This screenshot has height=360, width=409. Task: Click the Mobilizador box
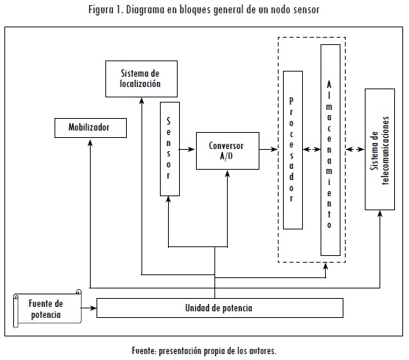point(91,128)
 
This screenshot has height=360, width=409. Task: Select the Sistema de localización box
point(141,79)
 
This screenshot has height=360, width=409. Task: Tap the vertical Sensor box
point(169,149)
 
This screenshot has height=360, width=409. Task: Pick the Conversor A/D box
point(228,151)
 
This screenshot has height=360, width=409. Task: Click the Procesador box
point(293,150)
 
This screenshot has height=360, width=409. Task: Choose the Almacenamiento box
point(330,150)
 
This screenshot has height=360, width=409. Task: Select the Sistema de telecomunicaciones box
point(380,149)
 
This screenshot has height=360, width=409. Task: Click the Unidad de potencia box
point(220,308)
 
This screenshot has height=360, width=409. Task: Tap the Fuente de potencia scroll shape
point(47,308)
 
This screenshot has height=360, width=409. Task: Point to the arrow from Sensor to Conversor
point(186,149)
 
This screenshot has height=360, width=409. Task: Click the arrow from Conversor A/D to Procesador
point(268,149)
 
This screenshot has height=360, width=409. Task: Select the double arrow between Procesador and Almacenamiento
point(312,149)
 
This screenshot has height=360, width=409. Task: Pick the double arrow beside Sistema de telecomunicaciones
point(355,149)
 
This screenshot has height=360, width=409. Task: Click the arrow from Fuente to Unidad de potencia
point(88,308)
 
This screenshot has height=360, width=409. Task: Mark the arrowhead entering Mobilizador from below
point(90,142)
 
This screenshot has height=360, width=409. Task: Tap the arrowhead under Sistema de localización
point(141,101)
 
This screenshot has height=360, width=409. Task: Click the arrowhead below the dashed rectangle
point(326,266)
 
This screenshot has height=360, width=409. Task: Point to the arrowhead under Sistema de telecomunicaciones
point(380,213)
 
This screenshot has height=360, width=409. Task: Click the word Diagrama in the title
point(145,10)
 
